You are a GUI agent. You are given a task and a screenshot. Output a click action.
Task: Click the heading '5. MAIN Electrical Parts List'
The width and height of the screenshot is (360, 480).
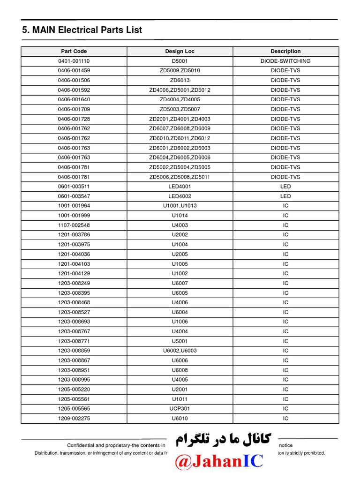[82, 30]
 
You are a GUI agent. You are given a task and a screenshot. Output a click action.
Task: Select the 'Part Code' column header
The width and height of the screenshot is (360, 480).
[74, 52]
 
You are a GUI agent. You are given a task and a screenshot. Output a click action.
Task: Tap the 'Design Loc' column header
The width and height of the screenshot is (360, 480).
[180, 52]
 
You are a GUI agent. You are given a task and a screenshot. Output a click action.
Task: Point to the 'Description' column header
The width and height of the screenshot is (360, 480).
[285, 52]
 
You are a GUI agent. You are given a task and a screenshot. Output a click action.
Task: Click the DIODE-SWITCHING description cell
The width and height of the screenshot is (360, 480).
[285, 61]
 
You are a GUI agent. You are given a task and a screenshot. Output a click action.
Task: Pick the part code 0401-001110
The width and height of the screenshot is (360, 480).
[74, 61]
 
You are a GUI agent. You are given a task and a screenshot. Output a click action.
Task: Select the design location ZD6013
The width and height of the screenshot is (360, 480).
[180, 80]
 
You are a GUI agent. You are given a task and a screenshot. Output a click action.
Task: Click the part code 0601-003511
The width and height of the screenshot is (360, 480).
[74, 187]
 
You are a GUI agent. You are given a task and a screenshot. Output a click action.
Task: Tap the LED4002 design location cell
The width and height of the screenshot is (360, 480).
[180, 196]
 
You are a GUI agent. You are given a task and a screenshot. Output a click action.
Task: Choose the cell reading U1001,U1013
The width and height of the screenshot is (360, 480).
[180, 206]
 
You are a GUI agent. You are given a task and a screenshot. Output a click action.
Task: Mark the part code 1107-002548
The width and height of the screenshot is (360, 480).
[74, 225]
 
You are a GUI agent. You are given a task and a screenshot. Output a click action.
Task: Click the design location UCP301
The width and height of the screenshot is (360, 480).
[180, 409]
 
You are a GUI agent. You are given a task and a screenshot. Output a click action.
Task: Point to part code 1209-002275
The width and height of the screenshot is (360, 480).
[74, 419]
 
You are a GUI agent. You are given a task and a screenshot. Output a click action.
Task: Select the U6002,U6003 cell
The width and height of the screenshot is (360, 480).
[180, 351]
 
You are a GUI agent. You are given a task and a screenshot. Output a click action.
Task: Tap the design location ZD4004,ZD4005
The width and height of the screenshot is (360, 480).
[180, 99]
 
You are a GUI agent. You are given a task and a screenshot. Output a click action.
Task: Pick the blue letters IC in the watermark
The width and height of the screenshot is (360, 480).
[251, 461]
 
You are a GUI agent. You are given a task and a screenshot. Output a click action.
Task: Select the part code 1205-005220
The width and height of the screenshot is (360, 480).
[74, 390]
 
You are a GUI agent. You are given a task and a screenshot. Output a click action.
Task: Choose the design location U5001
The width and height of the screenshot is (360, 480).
[180, 341]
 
